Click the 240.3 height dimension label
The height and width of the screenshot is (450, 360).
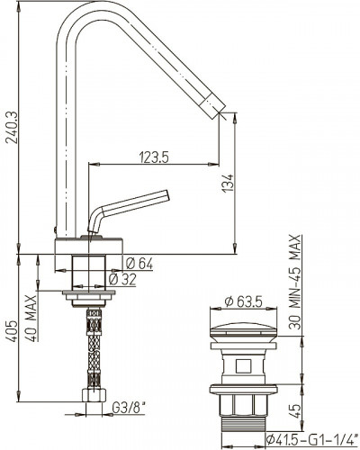pyautogui.click(x=13, y=128)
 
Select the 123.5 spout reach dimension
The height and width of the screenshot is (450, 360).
pyautogui.click(x=154, y=157)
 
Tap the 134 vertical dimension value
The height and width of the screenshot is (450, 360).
pyautogui.click(x=229, y=184)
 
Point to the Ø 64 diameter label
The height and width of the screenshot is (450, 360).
pyautogui.click(x=139, y=265)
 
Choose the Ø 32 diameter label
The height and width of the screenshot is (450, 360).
pyautogui.click(x=122, y=280)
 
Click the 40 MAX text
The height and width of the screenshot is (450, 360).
pyautogui.click(x=31, y=319)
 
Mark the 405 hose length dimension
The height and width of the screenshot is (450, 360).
pyautogui.click(x=13, y=331)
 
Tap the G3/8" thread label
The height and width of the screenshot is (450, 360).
pyautogui.click(x=128, y=408)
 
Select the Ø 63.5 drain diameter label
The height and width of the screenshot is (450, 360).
pyautogui.click(x=243, y=301)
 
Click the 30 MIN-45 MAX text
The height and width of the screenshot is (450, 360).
pyautogui.click(x=295, y=282)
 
